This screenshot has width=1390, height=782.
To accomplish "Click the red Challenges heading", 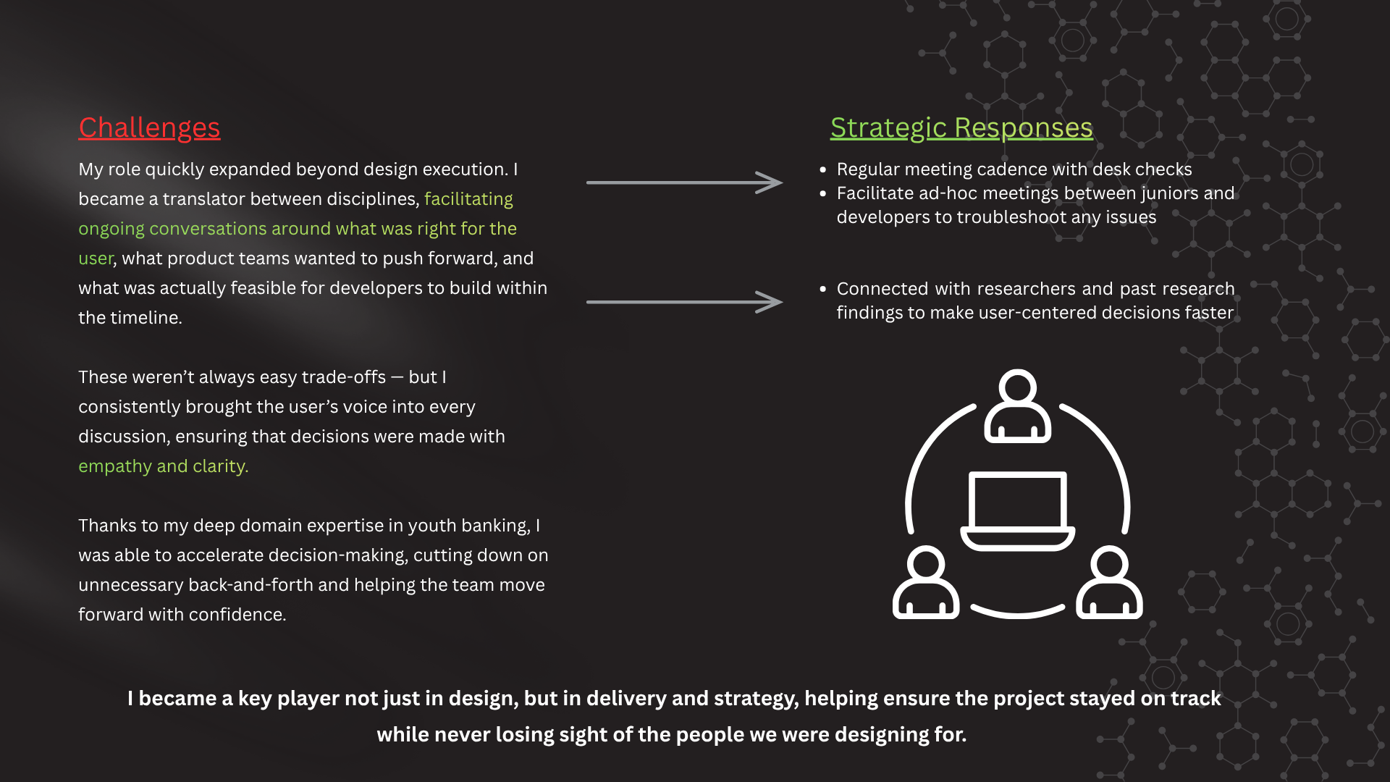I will point(149,127).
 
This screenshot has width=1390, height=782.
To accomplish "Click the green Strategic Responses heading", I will point(961,127).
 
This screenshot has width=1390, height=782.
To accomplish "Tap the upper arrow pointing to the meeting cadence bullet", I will point(684,182).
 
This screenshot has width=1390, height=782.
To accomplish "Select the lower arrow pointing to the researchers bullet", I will point(684,302).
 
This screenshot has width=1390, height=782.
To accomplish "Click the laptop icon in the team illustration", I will point(1017,510).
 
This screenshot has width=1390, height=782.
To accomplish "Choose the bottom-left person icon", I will point(925,583).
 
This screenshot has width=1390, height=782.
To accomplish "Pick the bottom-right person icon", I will point(1109,583).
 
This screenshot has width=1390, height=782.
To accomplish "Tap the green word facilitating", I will point(468,199).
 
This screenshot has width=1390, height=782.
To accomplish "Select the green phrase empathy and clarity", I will point(163,466).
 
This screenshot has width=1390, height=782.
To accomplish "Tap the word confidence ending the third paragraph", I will point(245,615).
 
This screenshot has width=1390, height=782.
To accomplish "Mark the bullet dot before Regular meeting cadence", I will point(822,169).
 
